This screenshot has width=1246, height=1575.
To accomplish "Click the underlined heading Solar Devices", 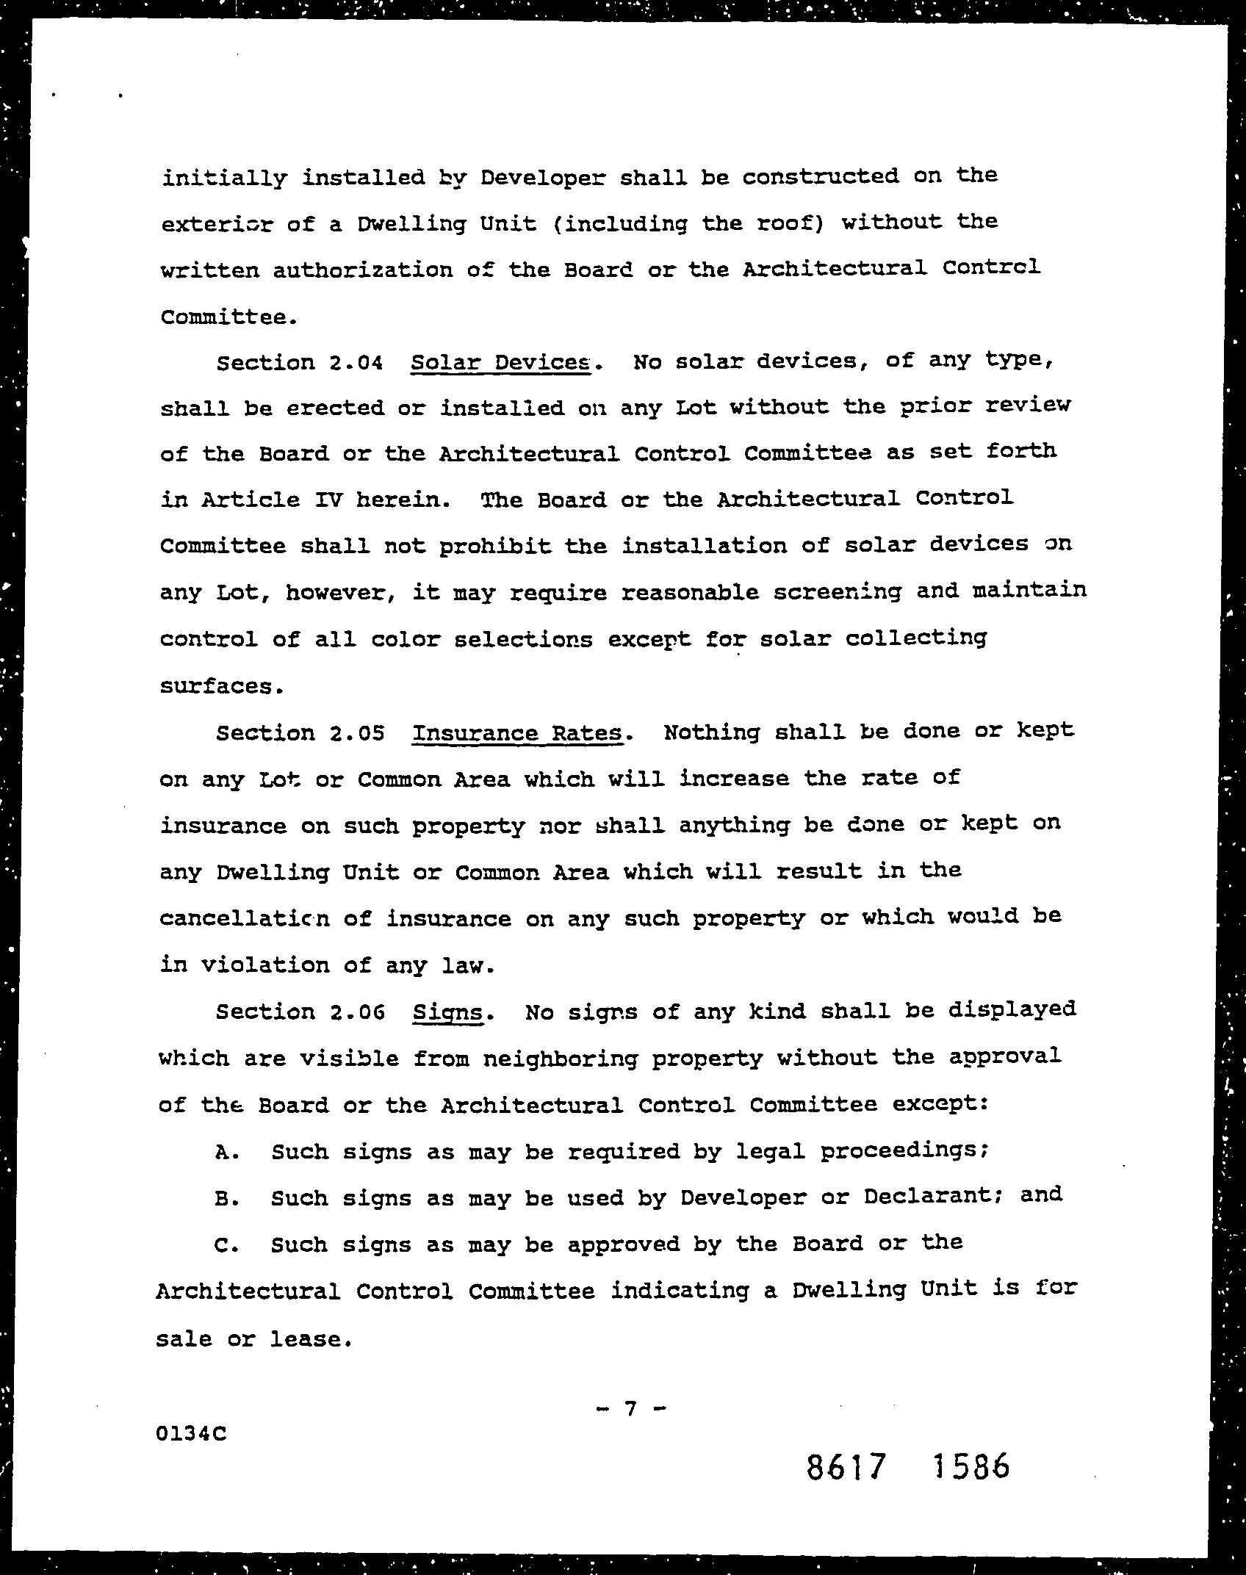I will click(500, 362).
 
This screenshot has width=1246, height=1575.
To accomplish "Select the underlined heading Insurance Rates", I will click(517, 733).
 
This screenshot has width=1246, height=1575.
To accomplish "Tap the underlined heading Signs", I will click(447, 1013).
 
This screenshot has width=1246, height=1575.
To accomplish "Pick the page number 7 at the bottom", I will click(629, 1408).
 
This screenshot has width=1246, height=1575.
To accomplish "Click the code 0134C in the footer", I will click(191, 1433).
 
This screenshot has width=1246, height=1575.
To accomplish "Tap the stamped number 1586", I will click(970, 1466).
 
